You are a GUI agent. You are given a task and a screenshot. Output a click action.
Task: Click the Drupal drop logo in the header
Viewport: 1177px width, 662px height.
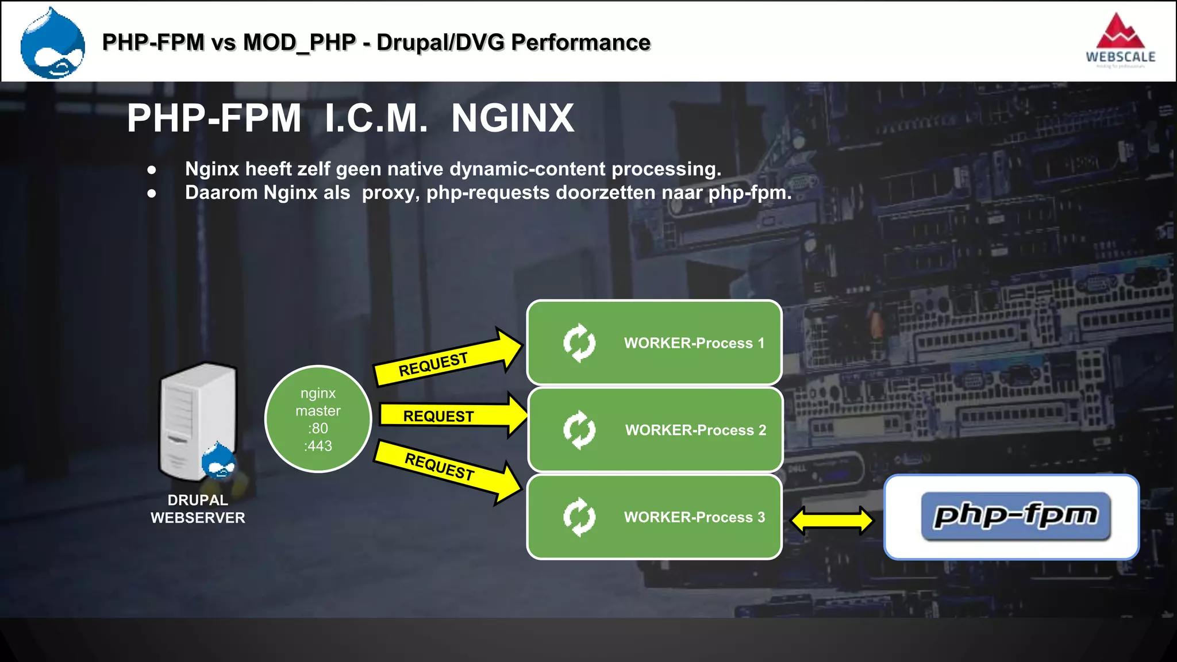[x=52, y=44]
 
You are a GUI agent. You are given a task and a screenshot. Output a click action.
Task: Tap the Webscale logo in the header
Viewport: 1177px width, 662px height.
[x=1120, y=40]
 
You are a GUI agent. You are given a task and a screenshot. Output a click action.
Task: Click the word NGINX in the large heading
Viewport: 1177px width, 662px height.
[x=512, y=118]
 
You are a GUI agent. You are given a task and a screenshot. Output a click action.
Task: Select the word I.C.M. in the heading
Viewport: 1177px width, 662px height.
[x=376, y=118]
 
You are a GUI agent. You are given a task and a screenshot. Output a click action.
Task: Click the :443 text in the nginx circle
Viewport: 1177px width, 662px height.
[x=318, y=446]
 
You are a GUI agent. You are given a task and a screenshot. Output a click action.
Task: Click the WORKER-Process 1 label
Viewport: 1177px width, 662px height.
[x=694, y=343]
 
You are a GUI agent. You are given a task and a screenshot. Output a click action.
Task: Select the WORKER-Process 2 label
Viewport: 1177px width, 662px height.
[x=695, y=430]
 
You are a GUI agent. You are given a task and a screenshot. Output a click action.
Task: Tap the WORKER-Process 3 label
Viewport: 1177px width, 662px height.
[x=694, y=517]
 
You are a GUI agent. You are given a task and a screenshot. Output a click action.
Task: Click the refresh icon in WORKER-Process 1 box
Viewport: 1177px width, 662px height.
[x=579, y=343]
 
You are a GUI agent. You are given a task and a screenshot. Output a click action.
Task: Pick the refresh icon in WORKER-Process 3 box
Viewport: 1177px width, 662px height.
[x=579, y=517]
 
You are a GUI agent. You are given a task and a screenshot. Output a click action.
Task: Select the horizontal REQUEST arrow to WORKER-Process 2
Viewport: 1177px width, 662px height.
[x=448, y=415]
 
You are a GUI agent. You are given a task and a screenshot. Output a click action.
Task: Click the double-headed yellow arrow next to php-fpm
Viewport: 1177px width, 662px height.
[x=832, y=521]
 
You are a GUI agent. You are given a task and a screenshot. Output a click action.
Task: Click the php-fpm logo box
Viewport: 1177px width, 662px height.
[x=1011, y=517]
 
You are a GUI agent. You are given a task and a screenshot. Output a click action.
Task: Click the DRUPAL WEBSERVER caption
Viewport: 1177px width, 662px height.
[x=198, y=509]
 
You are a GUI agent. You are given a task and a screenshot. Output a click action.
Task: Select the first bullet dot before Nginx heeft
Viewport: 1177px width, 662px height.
[x=152, y=170]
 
